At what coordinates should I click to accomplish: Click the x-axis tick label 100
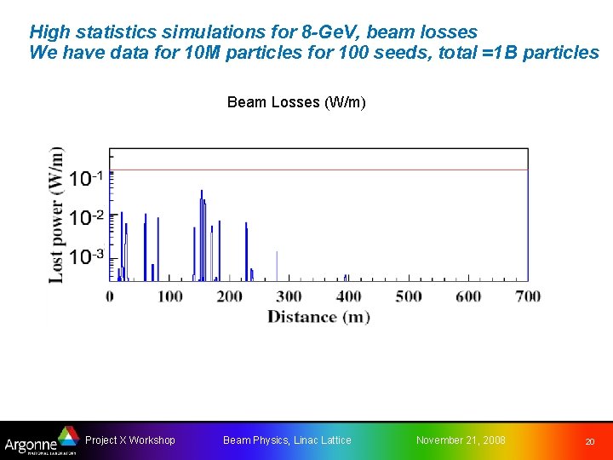[170, 296]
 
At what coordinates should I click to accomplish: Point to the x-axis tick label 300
[289, 296]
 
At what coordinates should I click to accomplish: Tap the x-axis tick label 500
[409, 296]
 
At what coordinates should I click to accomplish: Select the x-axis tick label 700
[528, 296]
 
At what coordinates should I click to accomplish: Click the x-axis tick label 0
[110, 296]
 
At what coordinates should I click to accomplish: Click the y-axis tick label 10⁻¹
[87, 178]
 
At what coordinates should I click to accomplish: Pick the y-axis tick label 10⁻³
[87, 256]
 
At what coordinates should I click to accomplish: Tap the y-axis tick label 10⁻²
[87, 217]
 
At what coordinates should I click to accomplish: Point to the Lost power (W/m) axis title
[56, 215]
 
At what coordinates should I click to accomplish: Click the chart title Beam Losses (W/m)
[296, 102]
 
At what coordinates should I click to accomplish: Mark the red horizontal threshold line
[341, 170]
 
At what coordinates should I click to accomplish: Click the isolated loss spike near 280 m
[277, 266]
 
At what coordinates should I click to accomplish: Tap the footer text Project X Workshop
[130, 440]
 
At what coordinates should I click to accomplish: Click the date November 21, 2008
[461, 440]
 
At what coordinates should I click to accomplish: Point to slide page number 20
[588, 441]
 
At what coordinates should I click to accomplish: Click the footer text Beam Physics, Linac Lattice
[287, 440]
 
